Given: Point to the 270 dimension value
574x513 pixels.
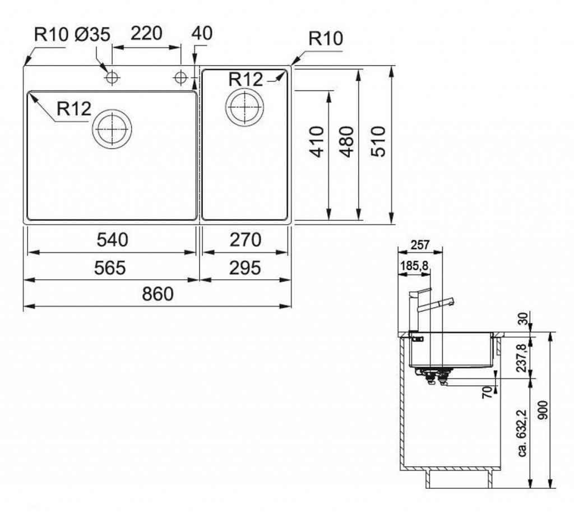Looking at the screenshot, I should pyautogui.click(x=246, y=240).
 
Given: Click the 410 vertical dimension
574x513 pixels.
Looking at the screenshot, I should pyautogui.click(x=317, y=142).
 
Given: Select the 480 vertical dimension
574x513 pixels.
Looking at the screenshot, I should pyautogui.click(x=348, y=142).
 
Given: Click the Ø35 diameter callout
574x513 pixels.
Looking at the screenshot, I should pyautogui.click(x=92, y=34).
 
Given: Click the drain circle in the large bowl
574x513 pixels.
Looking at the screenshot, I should pyautogui.click(x=113, y=130).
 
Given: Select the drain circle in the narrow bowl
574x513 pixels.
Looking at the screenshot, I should pyautogui.click(x=244, y=105).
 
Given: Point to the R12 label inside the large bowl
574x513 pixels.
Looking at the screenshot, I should pyautogui.click(x=74, y=108).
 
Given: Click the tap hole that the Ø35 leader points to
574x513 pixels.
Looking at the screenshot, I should pyautogui.click(x=112, y=77).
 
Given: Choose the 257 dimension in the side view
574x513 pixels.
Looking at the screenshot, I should pyautogui.click(x=420, y=245).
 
